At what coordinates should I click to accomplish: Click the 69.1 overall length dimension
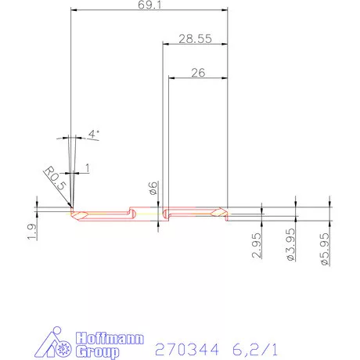coord(147,6)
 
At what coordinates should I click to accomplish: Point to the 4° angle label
coord(93,134)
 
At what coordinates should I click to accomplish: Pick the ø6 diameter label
coord(153,189)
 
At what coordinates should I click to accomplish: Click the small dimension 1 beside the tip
coord(87,167)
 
